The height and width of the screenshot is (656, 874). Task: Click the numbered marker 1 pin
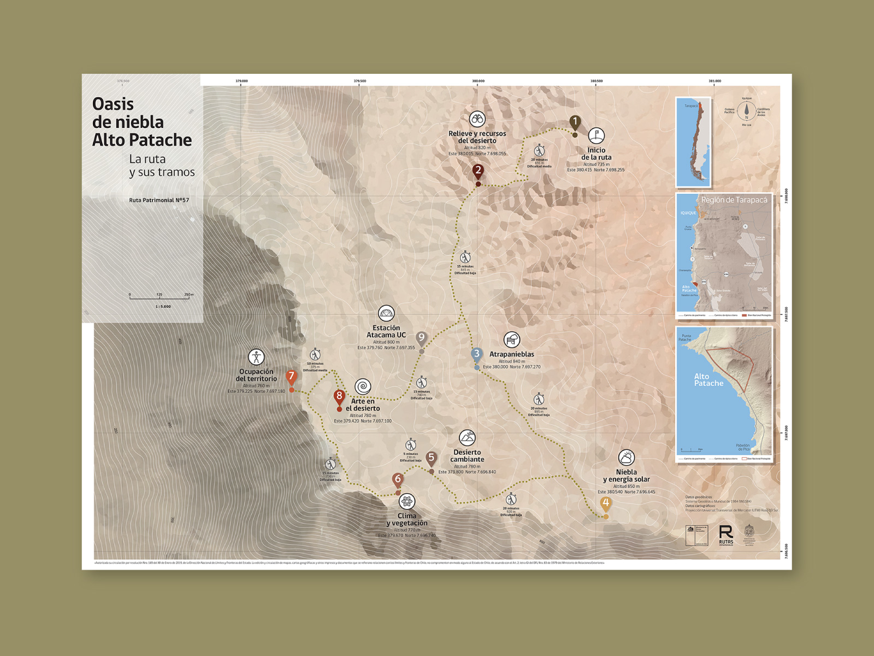(575, 122)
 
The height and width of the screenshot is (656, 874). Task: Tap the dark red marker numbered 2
(478, 171)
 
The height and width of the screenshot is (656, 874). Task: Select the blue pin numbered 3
(477, 354)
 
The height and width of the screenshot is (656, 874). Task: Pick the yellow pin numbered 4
(605, 503)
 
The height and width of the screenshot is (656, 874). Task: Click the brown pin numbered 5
(431, 458)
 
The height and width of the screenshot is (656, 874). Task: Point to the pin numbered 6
(398, 479)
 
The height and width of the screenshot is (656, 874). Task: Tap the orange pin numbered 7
(291, 376)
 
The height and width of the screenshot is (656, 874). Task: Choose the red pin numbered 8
(339, 396)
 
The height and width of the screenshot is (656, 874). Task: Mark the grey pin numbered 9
(421, 338)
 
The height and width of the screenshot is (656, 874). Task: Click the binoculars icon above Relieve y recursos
(477, 119)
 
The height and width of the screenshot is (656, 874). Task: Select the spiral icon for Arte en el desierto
(363, 386)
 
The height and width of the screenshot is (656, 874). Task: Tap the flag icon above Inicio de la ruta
(596, 135)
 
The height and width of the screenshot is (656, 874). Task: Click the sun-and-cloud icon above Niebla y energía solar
(626, 457)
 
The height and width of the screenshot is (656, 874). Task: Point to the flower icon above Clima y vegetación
(407, 501)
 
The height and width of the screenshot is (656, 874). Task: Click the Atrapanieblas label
(511, 354)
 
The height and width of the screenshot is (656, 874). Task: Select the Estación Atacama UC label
(386, 331)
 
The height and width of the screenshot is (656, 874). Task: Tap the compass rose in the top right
(746, 112)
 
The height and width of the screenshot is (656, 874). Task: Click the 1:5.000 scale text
(163, 307)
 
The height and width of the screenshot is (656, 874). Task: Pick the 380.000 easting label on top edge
(478, 81)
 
